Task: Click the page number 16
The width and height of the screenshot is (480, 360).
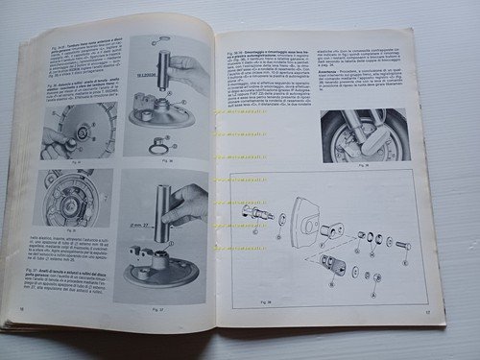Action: (21, 309)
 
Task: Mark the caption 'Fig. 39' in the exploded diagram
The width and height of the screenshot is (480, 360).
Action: (240, 285)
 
